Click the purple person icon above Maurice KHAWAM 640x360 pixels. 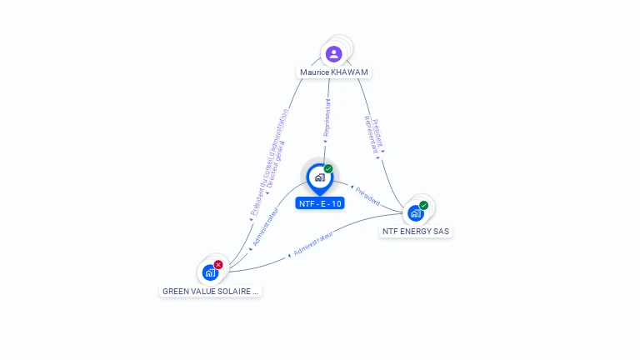point(334,54)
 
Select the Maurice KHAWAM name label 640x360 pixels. point(334,72)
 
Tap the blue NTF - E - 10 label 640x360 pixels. point(320,203)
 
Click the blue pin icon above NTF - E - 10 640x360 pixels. point(319,177)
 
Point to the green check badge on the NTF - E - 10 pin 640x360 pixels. point(328,168)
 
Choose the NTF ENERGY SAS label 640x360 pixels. point(416,231)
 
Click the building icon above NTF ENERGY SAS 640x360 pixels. point(415,213)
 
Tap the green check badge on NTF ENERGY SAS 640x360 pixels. point(423,205)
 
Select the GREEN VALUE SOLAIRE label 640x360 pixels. point(210,292)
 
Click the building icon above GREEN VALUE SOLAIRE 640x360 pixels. point(210,272)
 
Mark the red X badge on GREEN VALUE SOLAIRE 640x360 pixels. point(218,264)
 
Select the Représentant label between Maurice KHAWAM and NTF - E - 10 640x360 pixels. point(327,119)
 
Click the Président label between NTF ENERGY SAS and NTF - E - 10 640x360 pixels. point(366,196)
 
